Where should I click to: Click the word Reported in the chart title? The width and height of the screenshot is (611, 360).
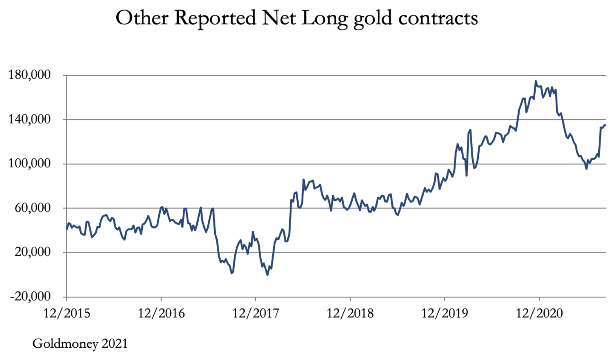pyautogui.click(x=215, y=18)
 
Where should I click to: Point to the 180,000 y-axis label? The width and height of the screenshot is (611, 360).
pyautogui.click(x=30, y=75)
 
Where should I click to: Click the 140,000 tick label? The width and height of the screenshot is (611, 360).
pyautogui.click(x=30, y=119)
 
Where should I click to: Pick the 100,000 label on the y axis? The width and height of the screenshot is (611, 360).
pyautogui.click(x=30, y=163)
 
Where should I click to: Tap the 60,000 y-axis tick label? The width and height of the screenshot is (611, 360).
pyautogui.click(x=33, y=208)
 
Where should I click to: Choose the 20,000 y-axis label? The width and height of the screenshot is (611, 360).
pyautogui.click(x=33, y=252)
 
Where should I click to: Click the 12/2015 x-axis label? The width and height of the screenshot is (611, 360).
pyautogui.click(x=67, y=313)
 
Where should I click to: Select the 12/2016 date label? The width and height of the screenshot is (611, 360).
pyautogui.click(x=161, y=313)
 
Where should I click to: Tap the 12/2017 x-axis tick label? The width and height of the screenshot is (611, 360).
pyautogui.click(x=255, y=313)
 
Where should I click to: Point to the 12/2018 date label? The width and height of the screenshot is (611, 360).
pyautogui.click(x=350, y=313)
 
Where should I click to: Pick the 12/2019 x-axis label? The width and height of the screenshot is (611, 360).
pyautogui.click(x=445, y=313)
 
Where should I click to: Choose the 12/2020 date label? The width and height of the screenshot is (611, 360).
pyautogui.click(x=539, y=313)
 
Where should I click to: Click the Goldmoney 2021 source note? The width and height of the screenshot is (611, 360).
pyautogui.click(x=80, y=343)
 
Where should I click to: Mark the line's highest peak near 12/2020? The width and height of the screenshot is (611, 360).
pyautogui.click(x=536, y=81)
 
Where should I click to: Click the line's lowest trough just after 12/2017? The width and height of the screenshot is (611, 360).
pyautogui.click(x=267, y=275)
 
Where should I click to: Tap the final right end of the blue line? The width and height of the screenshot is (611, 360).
pyautogui.click(x=606, y=125)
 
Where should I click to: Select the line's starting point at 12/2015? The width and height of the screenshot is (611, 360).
pyautogui.click(x=67, y=229)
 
